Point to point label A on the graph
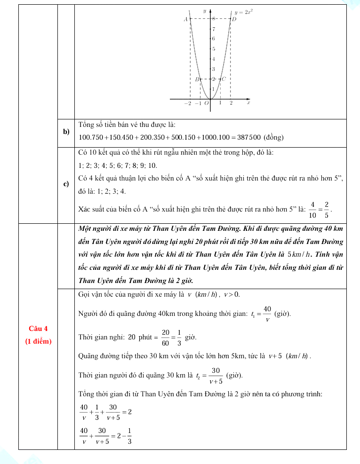(185, 19)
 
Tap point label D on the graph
(234, 19)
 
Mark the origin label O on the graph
(206, 103)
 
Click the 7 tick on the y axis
(213, 29)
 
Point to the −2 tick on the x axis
(187, 103)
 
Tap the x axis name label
(248, 102)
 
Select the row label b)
(66, 131)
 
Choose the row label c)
(66, 184)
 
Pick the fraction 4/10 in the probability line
(312, 208)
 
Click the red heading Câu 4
(38, 328)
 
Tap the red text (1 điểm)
(38, 341)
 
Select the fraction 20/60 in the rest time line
(166, 338)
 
